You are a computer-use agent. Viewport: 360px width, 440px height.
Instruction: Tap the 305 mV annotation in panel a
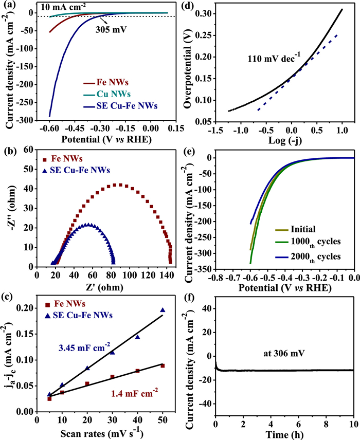pos(123,30)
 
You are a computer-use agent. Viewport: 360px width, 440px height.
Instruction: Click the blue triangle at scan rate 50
pos(163,310)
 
